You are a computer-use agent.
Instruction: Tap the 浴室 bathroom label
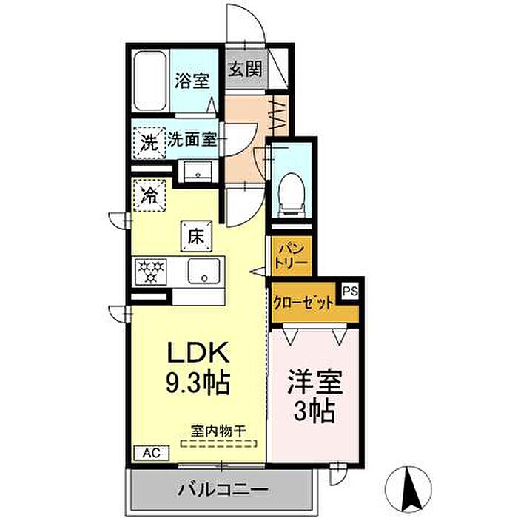[192, 81]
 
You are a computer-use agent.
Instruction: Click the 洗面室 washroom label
[191, 140]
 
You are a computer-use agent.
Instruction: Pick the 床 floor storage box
[195, 237]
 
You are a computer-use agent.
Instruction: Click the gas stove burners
[152, 272]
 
